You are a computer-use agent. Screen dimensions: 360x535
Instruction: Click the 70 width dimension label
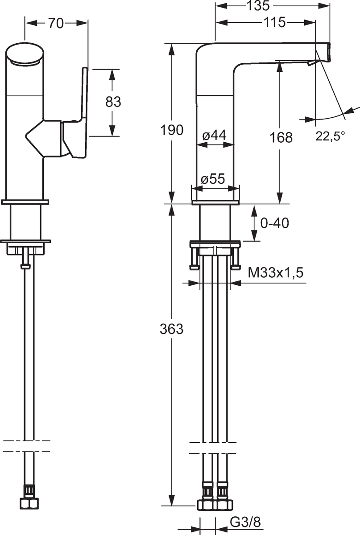[x=56, y=23]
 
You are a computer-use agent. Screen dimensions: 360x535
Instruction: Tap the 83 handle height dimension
[x=113, y=102]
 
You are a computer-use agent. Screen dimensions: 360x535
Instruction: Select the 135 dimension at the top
[x=258, y=5]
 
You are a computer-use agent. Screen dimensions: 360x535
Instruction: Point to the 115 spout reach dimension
[x=275, y=22]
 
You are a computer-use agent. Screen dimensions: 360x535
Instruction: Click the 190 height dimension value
[x=172, y=130]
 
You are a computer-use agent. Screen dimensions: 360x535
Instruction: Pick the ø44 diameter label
[x=214, y=136]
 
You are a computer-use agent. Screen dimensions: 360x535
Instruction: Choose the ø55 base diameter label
[x=213, y=179]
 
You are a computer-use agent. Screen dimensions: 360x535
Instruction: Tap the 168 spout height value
[x=281, y=138]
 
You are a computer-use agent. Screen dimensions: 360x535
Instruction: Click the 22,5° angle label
[x=330, y=136]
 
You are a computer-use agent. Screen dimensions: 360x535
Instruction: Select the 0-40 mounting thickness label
[x=275, y=223]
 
